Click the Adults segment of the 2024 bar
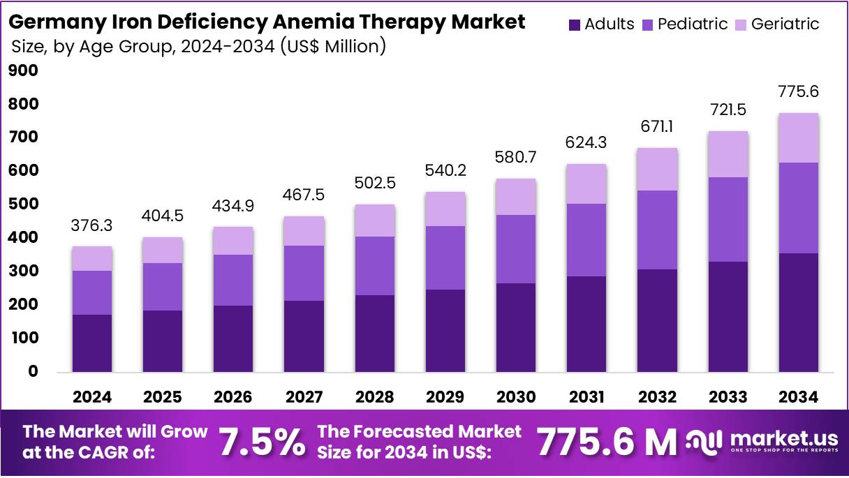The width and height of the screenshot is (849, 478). coord(92,343)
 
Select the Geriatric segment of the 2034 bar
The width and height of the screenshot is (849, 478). coord(799,137)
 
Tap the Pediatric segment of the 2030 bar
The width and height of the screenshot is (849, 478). coord(516,249)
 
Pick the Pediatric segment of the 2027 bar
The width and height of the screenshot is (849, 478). coord(304,273)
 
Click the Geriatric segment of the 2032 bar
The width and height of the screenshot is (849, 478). coord(657,169)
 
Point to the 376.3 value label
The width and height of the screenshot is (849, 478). coord(91,226)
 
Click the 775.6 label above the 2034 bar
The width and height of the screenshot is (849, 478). coord(799,92)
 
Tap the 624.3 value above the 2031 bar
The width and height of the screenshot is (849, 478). coord(586,143)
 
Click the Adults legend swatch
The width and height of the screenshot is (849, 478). coord(575,24)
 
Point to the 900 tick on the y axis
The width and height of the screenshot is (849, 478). coord(24,70)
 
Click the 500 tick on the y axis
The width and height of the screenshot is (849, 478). coord(24,204)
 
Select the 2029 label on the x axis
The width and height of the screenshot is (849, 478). coord(445,397)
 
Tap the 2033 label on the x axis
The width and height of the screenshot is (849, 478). coord(728,397)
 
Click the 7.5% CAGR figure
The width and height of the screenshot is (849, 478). coord(262,442)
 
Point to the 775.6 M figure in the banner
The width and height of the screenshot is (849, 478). coord(606,442)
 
